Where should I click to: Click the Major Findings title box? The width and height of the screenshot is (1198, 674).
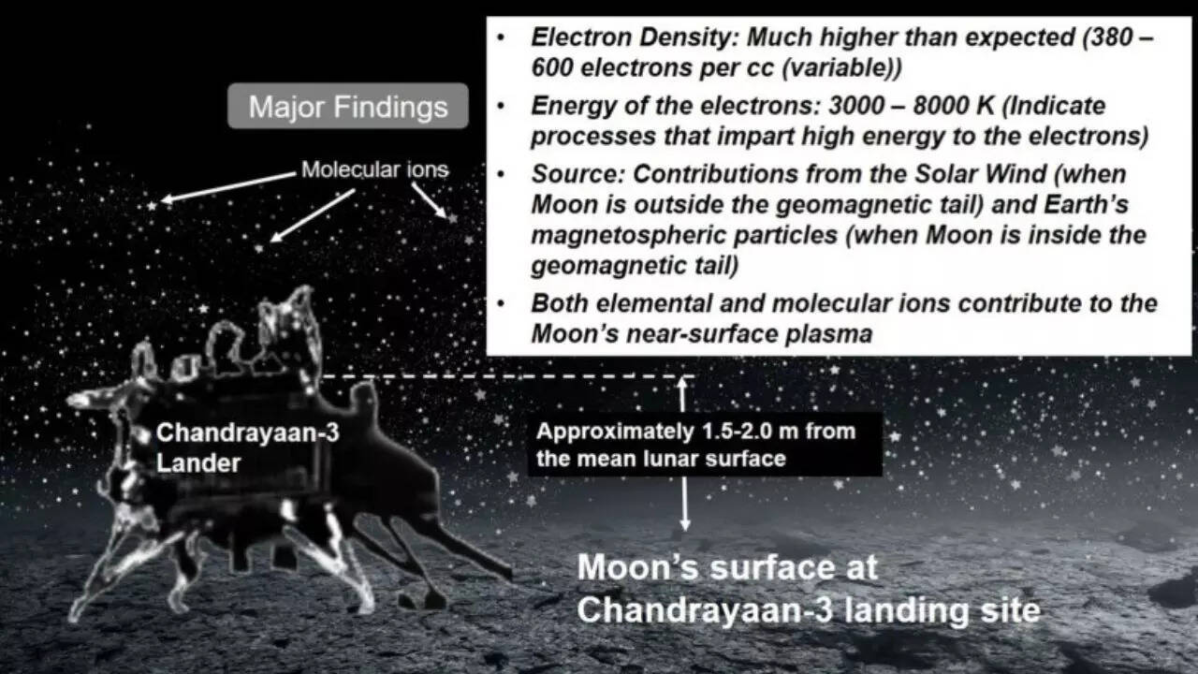point(348,107)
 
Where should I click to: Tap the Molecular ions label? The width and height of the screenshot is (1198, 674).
point(374,169)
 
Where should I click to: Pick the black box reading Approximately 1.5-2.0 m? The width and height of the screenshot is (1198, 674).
point(705,445)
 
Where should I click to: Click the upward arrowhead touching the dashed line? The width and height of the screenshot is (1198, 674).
point(682,382)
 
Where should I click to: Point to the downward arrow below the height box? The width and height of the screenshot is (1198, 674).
point(685,505)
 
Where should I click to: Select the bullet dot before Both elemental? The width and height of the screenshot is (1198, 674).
point(503,303)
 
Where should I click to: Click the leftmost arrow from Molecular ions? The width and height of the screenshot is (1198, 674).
point(225,186)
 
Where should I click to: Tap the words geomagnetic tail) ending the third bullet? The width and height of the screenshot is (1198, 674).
point(635,265)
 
